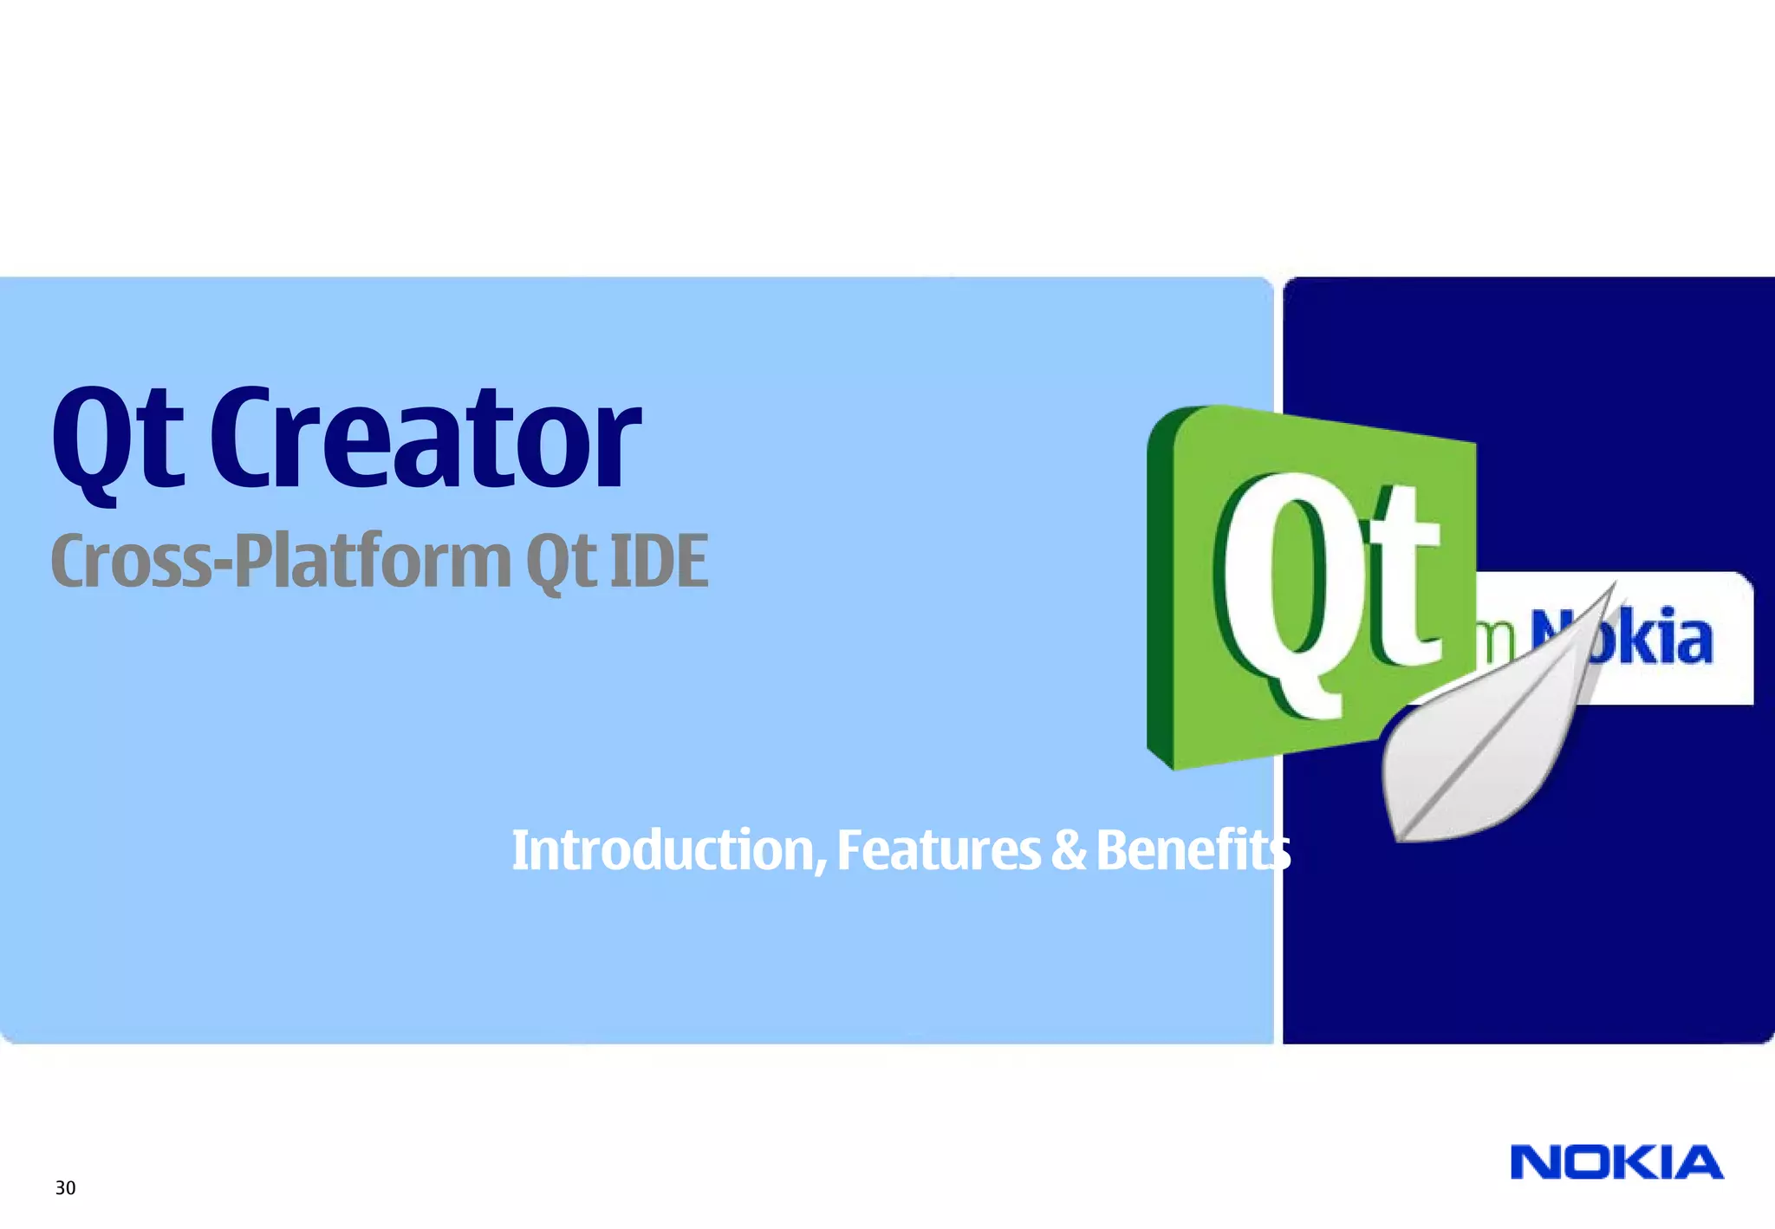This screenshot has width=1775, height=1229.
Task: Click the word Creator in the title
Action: pyautogui.click(x=425, y=440)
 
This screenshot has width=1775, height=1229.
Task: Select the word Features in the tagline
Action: pyautogui.click(x=938, y=850)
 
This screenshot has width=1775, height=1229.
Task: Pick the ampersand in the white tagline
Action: pyautogui.click(x=1068, y=850)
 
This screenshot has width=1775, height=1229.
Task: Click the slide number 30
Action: pyautogui.click(x=65, y=1188)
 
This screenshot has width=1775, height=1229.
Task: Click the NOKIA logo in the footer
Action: pyautogui.click(x=1616, y=1163)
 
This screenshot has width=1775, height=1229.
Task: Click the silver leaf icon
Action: pyautogui.click(x=1482, y=745)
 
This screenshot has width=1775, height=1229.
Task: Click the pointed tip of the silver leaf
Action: pyautogui.click(x=1614, y=586)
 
